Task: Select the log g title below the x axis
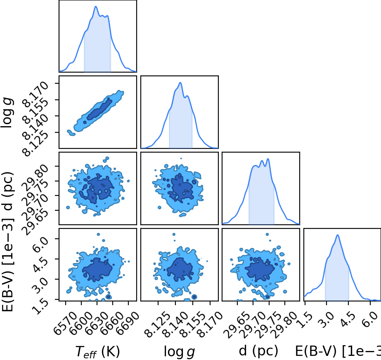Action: point(179,351)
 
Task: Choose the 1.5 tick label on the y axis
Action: point(40,307)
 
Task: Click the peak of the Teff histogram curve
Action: point(96,7)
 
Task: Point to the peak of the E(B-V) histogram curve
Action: point(338,235)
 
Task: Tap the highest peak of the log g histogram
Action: point(180,83)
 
